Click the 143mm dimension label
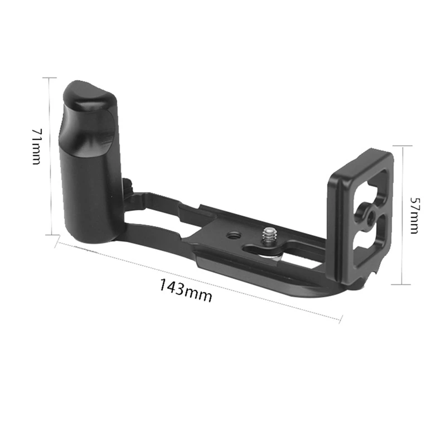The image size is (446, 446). pyautogui.click(x=186, y=291)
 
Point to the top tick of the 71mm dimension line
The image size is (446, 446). pyautogui.click(x=50, y=77)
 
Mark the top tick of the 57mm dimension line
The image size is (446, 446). pyautogui.click(x=404, y=146)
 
